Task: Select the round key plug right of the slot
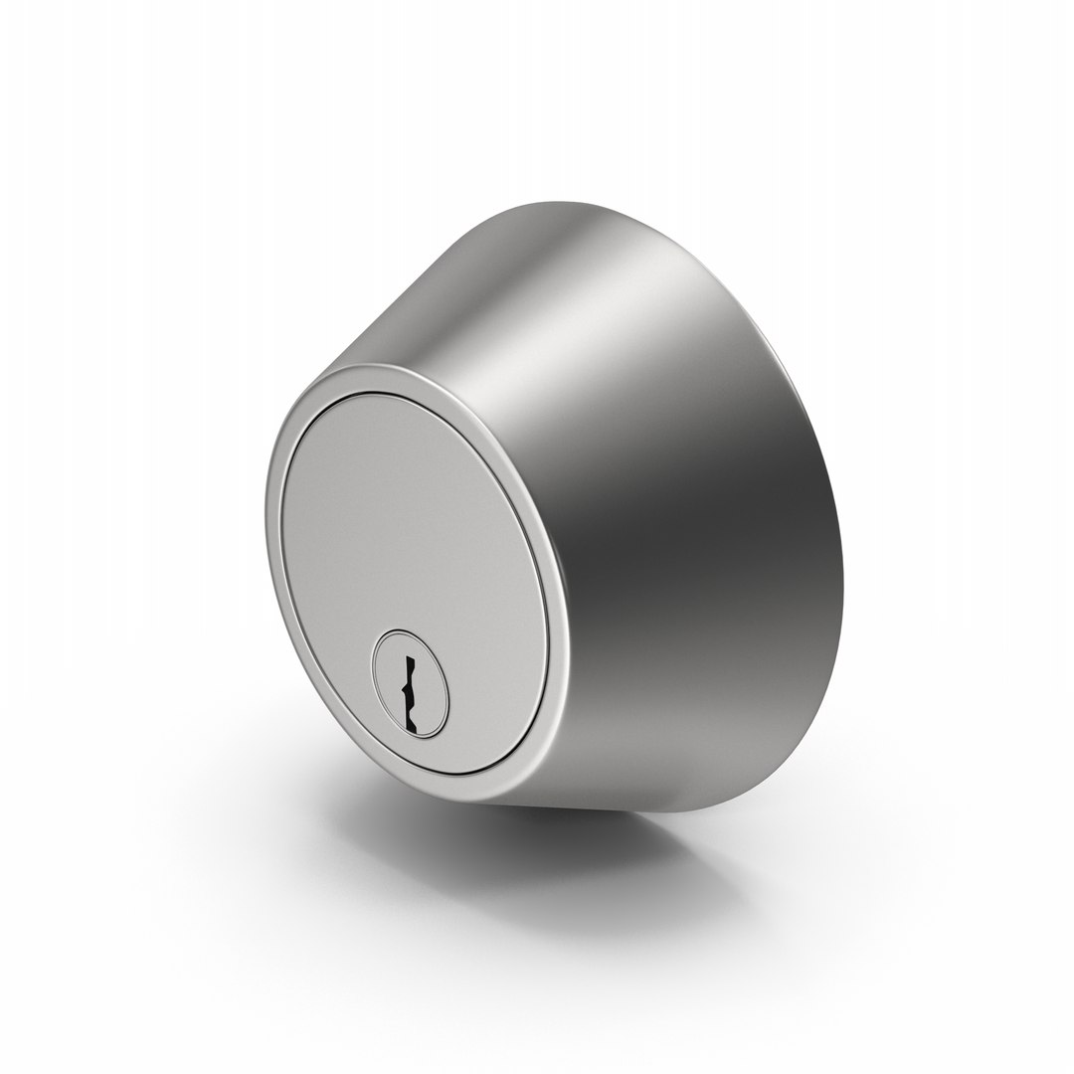coord(431,686)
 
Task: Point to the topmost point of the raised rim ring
coord(373,367)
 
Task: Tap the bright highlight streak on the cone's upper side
coord(557,288)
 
